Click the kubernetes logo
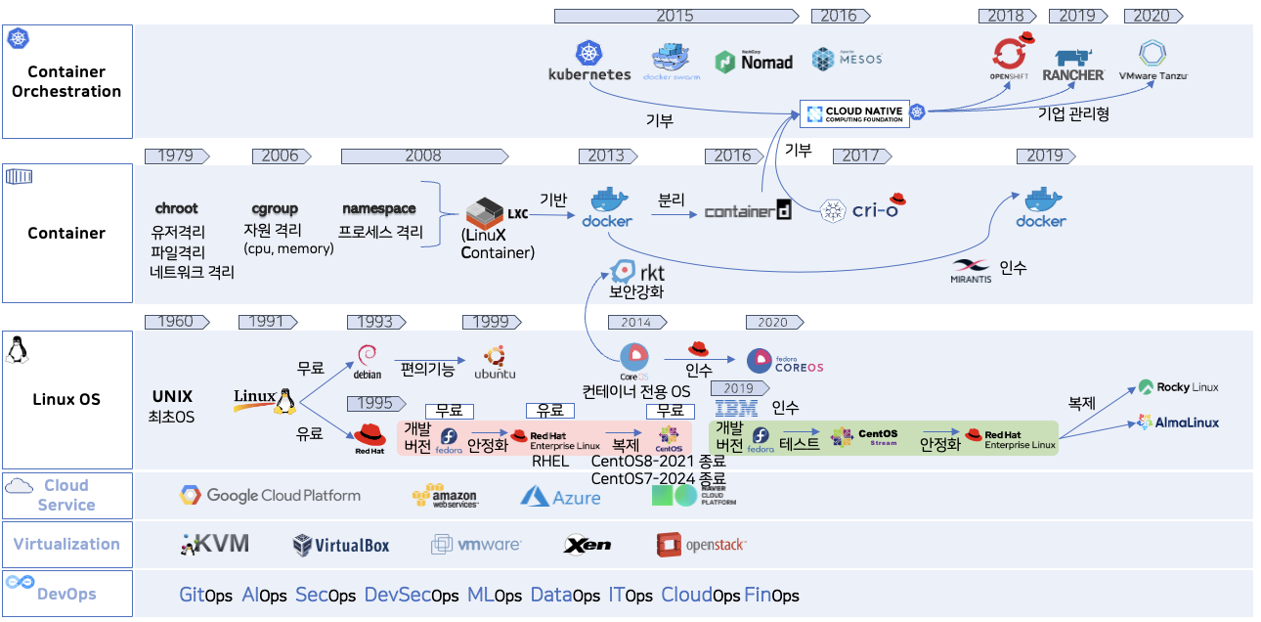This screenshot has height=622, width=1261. pos(588,62)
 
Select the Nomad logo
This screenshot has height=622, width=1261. pos(754,62)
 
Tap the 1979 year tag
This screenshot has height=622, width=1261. pos(175,155)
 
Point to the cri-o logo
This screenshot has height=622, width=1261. pos(861,208)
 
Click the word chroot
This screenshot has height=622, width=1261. pos(176,208)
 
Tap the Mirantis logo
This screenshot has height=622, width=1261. pos(971,271)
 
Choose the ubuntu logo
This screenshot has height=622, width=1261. pos(494,362)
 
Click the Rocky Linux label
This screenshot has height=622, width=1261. pos(1179,387)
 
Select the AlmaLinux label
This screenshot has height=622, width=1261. pos(1179,422)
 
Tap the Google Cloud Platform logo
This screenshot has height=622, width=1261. pos(270,496)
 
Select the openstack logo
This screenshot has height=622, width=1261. pos(702,545)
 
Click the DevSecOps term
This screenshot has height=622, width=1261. pos(411,595)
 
